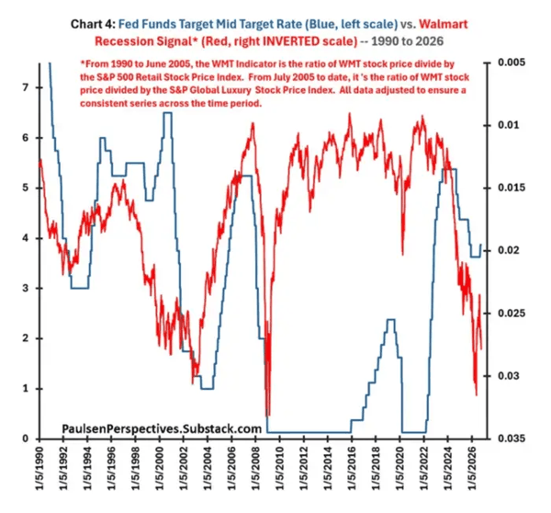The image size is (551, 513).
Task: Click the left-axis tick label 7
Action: [x=25, y=87]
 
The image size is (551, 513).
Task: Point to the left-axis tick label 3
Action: [x=25, y=289]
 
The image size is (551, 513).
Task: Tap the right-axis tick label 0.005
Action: [x=512, y=63]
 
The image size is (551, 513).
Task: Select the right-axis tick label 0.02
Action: [x=509, y=250]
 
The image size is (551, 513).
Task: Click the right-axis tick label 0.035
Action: [x=512, y=439]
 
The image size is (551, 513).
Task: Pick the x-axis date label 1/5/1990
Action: [x=39, y=468]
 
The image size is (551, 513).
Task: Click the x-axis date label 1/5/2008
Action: [x=255, y=468]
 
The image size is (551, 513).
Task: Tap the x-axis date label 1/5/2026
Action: [x=472, y=468]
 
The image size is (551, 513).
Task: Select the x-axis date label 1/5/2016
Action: [x=352, y=468]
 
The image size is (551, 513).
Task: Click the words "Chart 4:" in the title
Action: [x=93, y=24]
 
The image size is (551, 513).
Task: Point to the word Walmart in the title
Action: [x=444, y=24]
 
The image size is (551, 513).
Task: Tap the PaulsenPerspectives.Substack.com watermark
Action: [x=162, y=429]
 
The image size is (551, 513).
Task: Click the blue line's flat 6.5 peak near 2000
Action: [x=168, y=112]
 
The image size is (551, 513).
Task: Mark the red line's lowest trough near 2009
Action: [x=268, y=416]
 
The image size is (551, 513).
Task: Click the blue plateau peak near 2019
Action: [x=391, y=319]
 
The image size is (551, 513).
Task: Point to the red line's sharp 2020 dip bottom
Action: [x=403, y=254]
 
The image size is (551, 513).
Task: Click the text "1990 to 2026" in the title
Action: [x=408, y=41]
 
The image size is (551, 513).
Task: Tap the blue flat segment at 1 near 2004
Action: [x=208, y=389]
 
